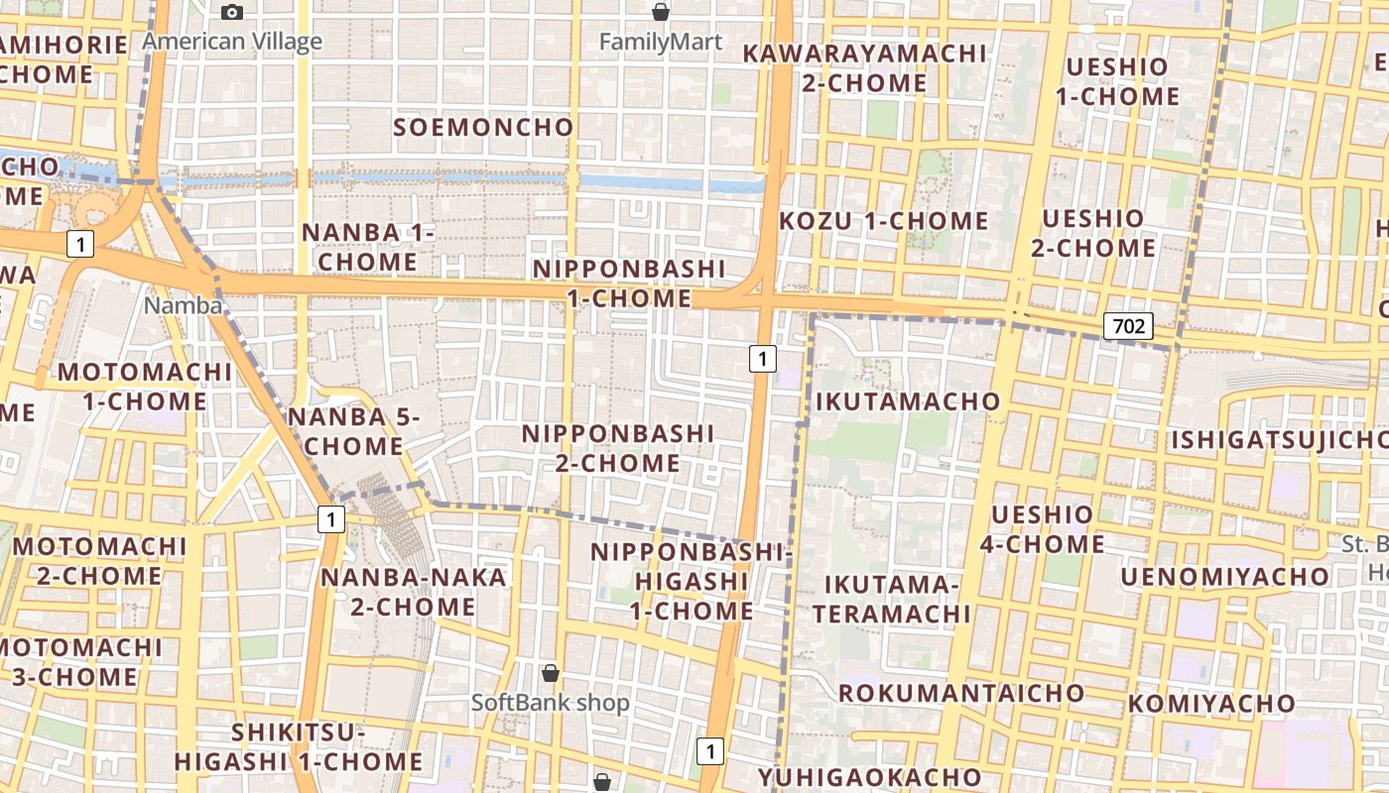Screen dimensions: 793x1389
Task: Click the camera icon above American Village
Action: point(232,13)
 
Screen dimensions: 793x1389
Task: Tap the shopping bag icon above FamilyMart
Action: point(660,13)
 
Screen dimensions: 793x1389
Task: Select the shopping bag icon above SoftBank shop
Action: point(551,674)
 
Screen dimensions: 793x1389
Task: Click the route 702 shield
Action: point(1129,325)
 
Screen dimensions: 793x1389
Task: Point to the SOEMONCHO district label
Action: point(483,127)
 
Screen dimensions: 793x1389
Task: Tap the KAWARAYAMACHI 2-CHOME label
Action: point(864,67)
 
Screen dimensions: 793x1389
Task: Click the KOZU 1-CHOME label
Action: point(883,220)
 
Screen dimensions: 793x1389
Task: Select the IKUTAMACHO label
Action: point(907,400)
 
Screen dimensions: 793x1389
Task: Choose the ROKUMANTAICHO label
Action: point(960,692)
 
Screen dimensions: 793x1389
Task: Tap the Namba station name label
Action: point(184,305)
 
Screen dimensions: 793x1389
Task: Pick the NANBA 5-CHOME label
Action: point(353,431)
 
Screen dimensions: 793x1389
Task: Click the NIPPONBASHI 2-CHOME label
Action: point(617,448)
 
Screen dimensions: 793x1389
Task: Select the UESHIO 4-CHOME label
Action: point(1042,528)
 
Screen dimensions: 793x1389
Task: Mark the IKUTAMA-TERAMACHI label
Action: point(891,599)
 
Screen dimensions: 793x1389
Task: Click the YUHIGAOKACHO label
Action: point(870,777)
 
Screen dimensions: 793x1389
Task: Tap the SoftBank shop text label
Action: point(550,703)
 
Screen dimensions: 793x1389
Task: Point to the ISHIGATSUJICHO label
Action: point(1280,439)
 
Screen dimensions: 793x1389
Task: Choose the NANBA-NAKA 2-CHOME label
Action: point(413,591)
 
